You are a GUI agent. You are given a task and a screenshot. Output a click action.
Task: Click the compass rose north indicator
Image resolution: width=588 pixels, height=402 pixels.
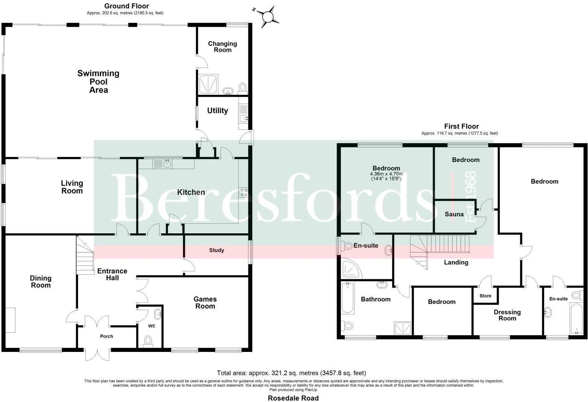pos(268,16)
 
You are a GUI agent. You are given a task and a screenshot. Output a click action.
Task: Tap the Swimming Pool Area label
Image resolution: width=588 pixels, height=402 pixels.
pos(99,81)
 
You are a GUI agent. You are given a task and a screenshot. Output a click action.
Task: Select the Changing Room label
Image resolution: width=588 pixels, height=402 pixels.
pos(222,46)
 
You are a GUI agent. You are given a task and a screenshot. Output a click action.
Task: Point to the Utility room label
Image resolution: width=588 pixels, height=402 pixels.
pos(218,111)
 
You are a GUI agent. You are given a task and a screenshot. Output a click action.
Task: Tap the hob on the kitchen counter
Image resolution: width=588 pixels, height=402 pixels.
pos(243,192)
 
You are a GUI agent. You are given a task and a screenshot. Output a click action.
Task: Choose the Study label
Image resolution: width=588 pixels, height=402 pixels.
pos(217,250)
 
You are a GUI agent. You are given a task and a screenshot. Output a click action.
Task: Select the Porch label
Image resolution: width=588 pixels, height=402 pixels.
pos(106,336)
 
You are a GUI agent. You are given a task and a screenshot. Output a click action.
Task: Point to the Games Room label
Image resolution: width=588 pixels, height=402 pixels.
pos(205,303)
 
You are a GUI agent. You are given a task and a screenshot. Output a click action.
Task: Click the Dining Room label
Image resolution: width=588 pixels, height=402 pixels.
pos(41,281)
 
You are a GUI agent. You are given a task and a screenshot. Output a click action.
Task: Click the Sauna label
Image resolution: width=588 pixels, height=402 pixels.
pos(454,214)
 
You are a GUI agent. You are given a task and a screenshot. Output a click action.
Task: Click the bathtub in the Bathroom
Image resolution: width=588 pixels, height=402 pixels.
pos(347,298)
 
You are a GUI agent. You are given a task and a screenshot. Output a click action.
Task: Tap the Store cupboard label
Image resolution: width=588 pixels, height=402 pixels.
pos(485,296)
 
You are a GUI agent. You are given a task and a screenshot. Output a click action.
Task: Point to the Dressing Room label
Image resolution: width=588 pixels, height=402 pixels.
pos(507,315)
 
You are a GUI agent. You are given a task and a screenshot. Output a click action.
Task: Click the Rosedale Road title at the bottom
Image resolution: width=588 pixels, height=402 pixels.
pos(293,398)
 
